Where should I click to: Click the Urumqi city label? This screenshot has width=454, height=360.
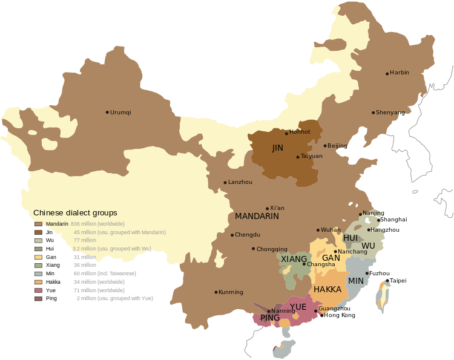click(121, 113)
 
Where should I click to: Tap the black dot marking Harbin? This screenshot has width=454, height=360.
click(387, 74)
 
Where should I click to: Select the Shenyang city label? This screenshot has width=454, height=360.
click(390, 113)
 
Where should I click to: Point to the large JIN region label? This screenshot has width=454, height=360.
click(278, 148)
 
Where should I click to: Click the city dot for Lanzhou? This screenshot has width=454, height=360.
click(225, 183)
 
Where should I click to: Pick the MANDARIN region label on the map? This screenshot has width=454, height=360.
click(257, 216)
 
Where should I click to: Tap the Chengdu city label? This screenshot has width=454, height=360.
click(248, 235)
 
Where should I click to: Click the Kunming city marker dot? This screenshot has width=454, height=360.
click(216, 292)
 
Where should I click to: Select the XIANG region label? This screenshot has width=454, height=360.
click(294, 259)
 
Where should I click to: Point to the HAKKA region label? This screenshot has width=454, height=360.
click(327, 289)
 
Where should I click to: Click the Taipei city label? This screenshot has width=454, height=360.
click(398, 281)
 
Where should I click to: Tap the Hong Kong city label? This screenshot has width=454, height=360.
click(340, 315)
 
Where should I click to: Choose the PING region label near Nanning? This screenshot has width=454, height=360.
click(270, 318)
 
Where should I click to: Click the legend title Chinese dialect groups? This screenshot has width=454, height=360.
click(75, 213)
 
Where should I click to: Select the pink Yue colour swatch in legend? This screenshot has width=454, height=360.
click(38, 291)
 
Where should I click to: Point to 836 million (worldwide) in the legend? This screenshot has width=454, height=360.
click(97, 224)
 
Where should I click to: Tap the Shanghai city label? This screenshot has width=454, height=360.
click(393, 220)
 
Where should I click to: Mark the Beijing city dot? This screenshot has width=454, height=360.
click(325, 146)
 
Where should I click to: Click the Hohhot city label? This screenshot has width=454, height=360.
click(300, 132)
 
